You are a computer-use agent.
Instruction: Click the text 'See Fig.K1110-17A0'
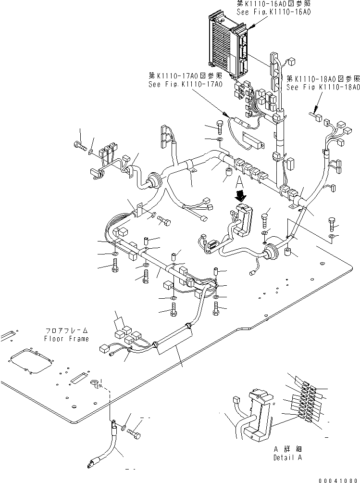point(186,84)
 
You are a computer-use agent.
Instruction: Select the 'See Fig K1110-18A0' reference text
point(323,87)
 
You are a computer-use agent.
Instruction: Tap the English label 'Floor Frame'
point(66,339)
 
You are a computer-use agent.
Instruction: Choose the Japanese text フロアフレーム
point(66,331)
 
